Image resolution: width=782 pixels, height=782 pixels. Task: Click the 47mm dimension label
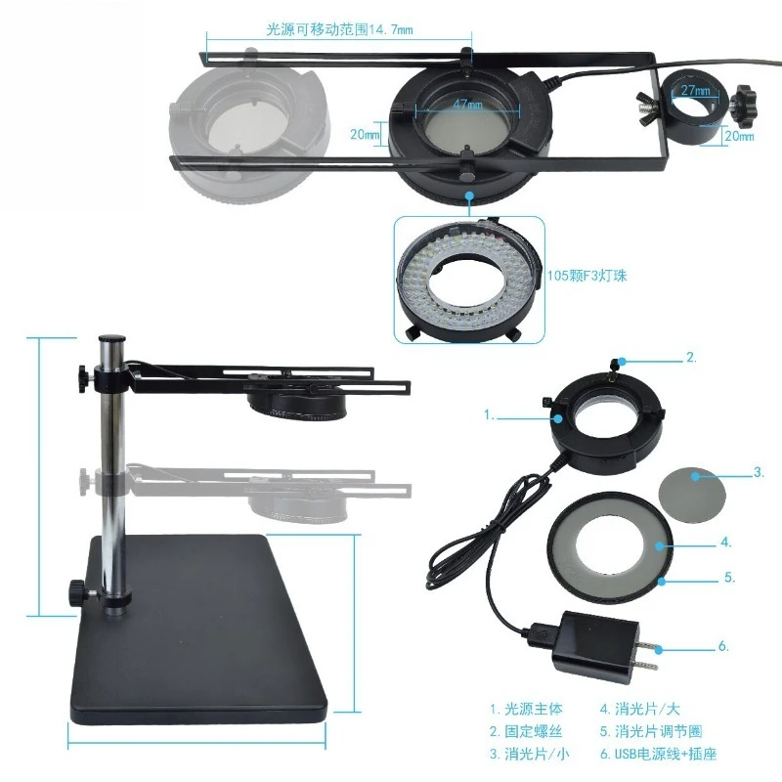point(467,105)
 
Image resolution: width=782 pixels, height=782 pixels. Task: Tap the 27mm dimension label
point(695,90)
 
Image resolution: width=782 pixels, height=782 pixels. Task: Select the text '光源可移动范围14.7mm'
point(339,29)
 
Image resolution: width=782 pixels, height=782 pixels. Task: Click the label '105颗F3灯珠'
point(587,276)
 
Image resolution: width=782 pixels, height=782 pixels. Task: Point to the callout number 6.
point(723,646)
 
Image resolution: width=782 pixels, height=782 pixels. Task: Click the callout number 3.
point(759,472)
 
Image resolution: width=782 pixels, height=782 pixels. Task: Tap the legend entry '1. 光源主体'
point(526,709)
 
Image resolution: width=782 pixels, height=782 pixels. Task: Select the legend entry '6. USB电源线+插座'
point(658,754)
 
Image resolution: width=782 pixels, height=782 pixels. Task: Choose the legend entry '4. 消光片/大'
point(640,709)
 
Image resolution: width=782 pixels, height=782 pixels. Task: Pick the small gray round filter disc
point(693,495)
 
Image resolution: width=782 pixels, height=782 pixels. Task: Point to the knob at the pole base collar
point(79,591)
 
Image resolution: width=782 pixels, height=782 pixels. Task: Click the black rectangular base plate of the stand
point(199,629)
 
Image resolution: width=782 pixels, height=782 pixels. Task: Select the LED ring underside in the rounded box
point(469,281)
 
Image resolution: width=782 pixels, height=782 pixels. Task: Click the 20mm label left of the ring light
point(365,134)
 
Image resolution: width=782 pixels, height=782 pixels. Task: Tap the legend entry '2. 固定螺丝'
point(526,731)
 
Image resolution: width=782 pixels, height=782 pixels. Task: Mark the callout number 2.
point(691,357)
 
